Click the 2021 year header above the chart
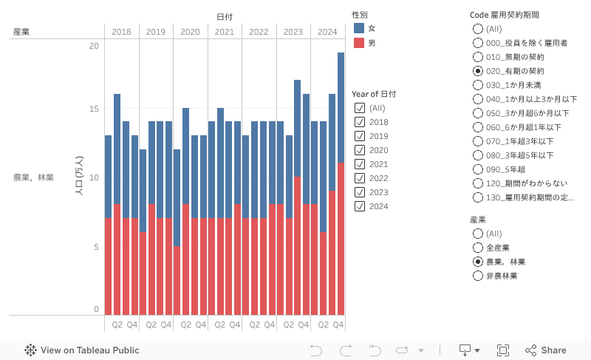coord(225,32)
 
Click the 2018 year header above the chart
coord(121,32)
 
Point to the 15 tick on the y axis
coord(93,109)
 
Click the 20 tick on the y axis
coord(93,46)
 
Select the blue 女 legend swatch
coord(359,28)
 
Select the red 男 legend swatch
coord(359,43)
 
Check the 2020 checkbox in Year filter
coord(360,150)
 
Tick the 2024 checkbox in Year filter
coord(360,206)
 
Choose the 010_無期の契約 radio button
coord(477,57)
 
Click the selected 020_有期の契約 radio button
coord(477,71)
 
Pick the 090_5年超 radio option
coord(477,169)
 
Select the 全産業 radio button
coord(477,248)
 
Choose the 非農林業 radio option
coord(477,276)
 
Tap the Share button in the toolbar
coord(546,350)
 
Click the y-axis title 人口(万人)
coord(79,175)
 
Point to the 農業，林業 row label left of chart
coord(33,177)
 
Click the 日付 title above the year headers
coord(225,17)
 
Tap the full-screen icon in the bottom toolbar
coord(503,350)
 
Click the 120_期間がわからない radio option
coord(477,183)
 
